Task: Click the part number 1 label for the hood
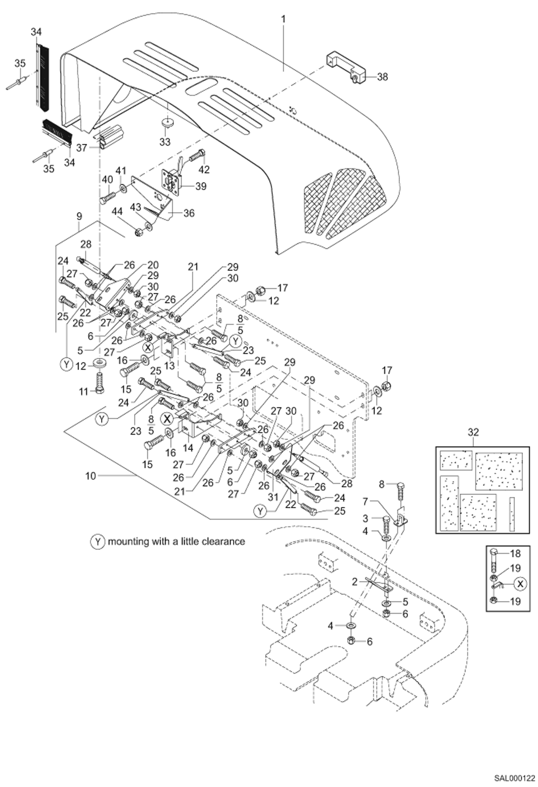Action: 283,19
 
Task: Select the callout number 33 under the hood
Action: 165,142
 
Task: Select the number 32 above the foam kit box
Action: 473,432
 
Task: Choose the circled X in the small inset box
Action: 520,584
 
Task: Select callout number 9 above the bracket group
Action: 79,216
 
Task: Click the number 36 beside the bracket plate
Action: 189,213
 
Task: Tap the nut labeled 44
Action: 138,233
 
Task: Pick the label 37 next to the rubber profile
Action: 82,147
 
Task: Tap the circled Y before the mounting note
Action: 97,541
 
